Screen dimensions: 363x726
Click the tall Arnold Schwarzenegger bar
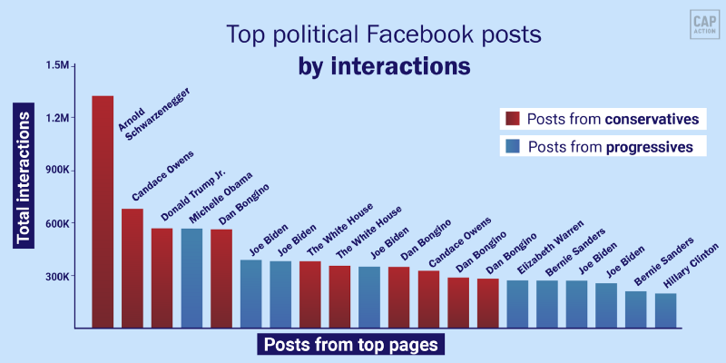click(103, 211)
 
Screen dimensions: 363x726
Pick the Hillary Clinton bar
click(665, 309)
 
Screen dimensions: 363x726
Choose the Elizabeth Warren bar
click(517, 303)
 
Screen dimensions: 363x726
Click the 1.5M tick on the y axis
click(57, 65)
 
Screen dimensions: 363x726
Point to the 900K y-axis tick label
click(56, 171)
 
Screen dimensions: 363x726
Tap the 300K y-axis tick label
click(56, 276)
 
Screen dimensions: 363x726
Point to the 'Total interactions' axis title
click(25, 172)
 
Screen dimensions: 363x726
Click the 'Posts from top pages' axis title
click(350, 345)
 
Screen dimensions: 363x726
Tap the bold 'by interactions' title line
click(384, 66)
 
